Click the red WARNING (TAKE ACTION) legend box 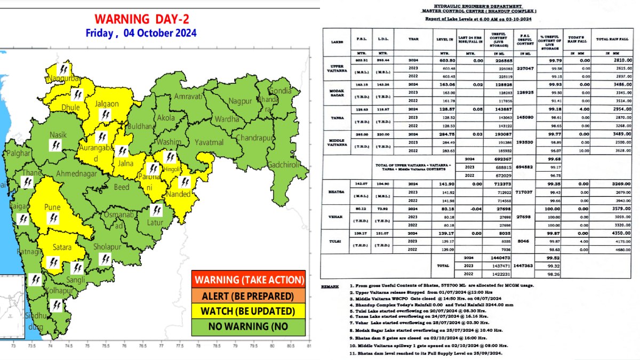249,279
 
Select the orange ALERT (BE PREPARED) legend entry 249,295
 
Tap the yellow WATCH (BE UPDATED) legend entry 249,311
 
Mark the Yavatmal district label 209,142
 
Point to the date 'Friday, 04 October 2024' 141,33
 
